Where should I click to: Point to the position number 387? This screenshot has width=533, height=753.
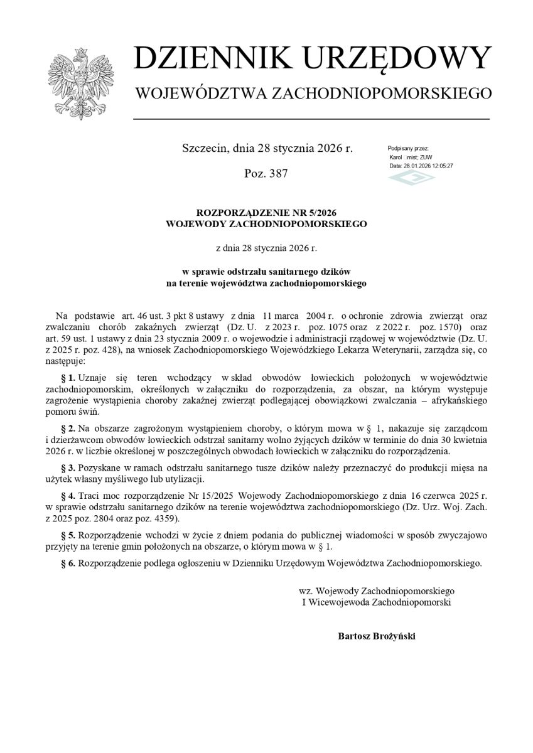tap(277, 174)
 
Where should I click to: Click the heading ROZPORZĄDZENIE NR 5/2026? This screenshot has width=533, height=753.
tap(266, 213)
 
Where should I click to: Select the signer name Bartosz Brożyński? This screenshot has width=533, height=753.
tap(376, 636)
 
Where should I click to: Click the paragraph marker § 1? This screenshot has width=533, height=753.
tap(68, 377)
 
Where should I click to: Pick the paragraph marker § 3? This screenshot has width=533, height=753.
tap(68, 468)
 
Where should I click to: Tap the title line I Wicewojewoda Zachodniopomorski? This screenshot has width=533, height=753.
tap(377, 602)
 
